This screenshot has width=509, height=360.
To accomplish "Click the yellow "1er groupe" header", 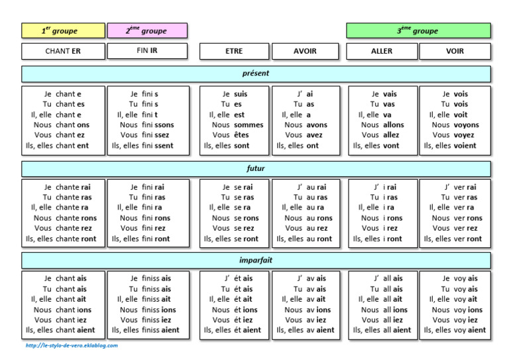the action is [63, 30].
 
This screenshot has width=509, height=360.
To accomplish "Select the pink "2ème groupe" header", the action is [147, 30].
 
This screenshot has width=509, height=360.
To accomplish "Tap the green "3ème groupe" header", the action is [418, 30].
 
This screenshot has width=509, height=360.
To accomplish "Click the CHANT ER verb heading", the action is [63, 51].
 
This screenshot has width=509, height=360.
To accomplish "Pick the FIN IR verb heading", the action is [147, 51].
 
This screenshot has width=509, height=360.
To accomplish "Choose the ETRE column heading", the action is [235, 51].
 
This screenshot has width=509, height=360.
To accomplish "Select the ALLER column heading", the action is [382, 51].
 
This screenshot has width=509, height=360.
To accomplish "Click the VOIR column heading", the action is [455, 51].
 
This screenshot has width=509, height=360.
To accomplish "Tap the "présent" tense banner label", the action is [256, 74].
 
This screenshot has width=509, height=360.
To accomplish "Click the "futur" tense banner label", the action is [256, 168].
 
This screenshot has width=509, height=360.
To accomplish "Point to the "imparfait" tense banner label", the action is [256, 260].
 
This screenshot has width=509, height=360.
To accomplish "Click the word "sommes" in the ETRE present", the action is [249, 125].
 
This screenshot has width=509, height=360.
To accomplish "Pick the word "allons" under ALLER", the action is [394, 125].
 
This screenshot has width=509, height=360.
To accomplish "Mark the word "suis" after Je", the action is [241, 94].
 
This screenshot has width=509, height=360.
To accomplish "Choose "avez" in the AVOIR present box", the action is [315, 135].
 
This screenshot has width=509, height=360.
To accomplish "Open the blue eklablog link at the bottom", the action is [72, 345].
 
